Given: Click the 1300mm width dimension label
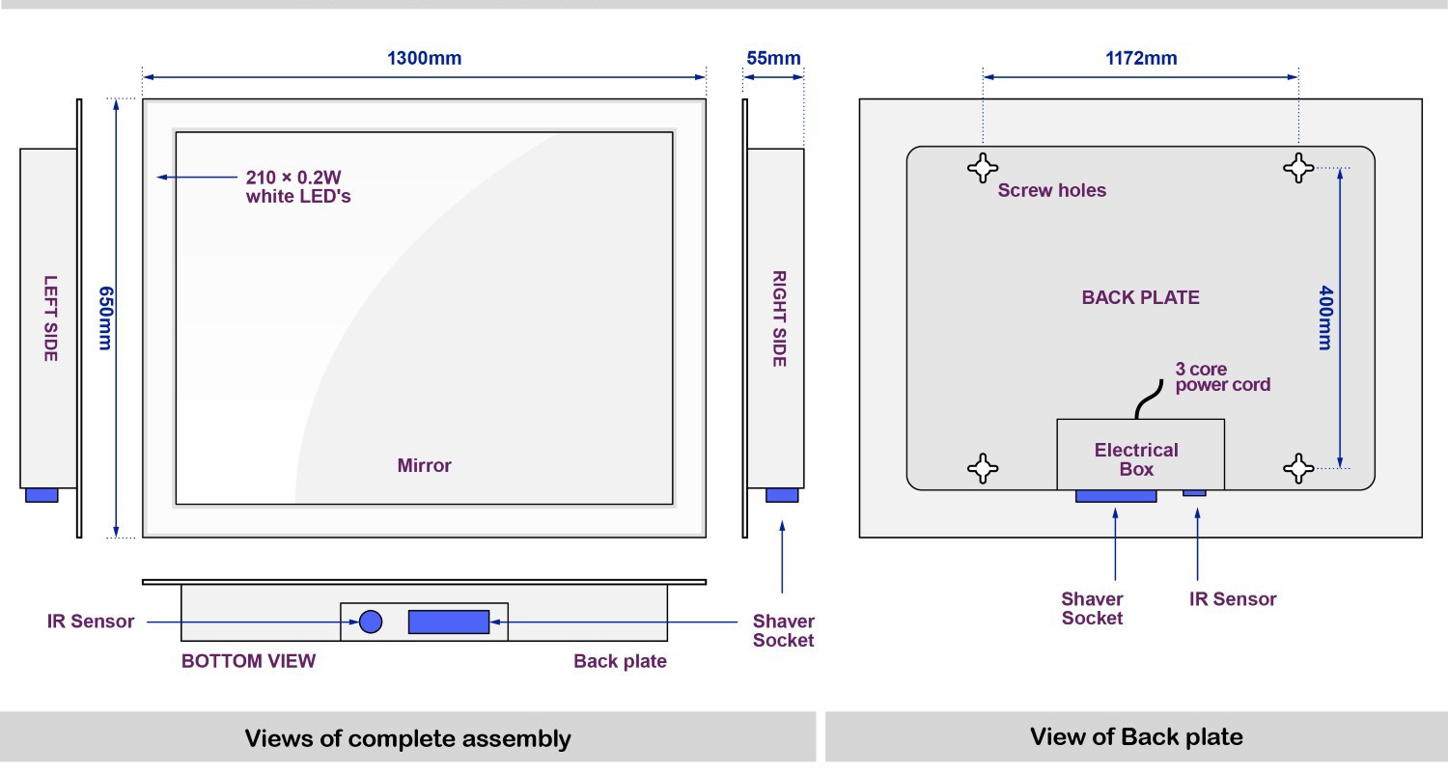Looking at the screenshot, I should click(x=424, y=58).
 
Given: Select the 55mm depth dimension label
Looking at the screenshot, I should click(x=773, y=58).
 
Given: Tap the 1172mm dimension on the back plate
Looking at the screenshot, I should click(x=1141, y=58).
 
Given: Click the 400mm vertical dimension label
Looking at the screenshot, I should click(x=1325, y=318).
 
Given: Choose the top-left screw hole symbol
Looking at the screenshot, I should click(x=983, y=168).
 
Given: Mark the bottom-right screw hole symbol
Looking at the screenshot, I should click(x=1298, y=469).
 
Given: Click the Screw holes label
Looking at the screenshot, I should click(x=1052, y=190).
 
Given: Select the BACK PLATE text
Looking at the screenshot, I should click(x=1140, y=297).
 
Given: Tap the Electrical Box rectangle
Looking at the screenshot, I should click(x=1140, y=454).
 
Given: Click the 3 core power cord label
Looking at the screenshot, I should click(x=1222, y=377).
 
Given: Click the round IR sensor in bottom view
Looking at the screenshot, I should click(x=371, y=622).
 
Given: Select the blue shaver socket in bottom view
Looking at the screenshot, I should click(x=448, y=622).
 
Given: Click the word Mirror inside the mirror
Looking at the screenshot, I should click(x=424, y=465).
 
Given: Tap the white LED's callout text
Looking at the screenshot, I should click(x=297, y=187).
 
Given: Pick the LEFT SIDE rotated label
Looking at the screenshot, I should click(x=50, y=318).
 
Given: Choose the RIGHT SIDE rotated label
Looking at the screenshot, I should click(x=779, y=318).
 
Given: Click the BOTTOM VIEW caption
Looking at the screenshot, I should click(x=248, y=661).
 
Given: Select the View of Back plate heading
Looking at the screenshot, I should click(x=1136, y=737).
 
